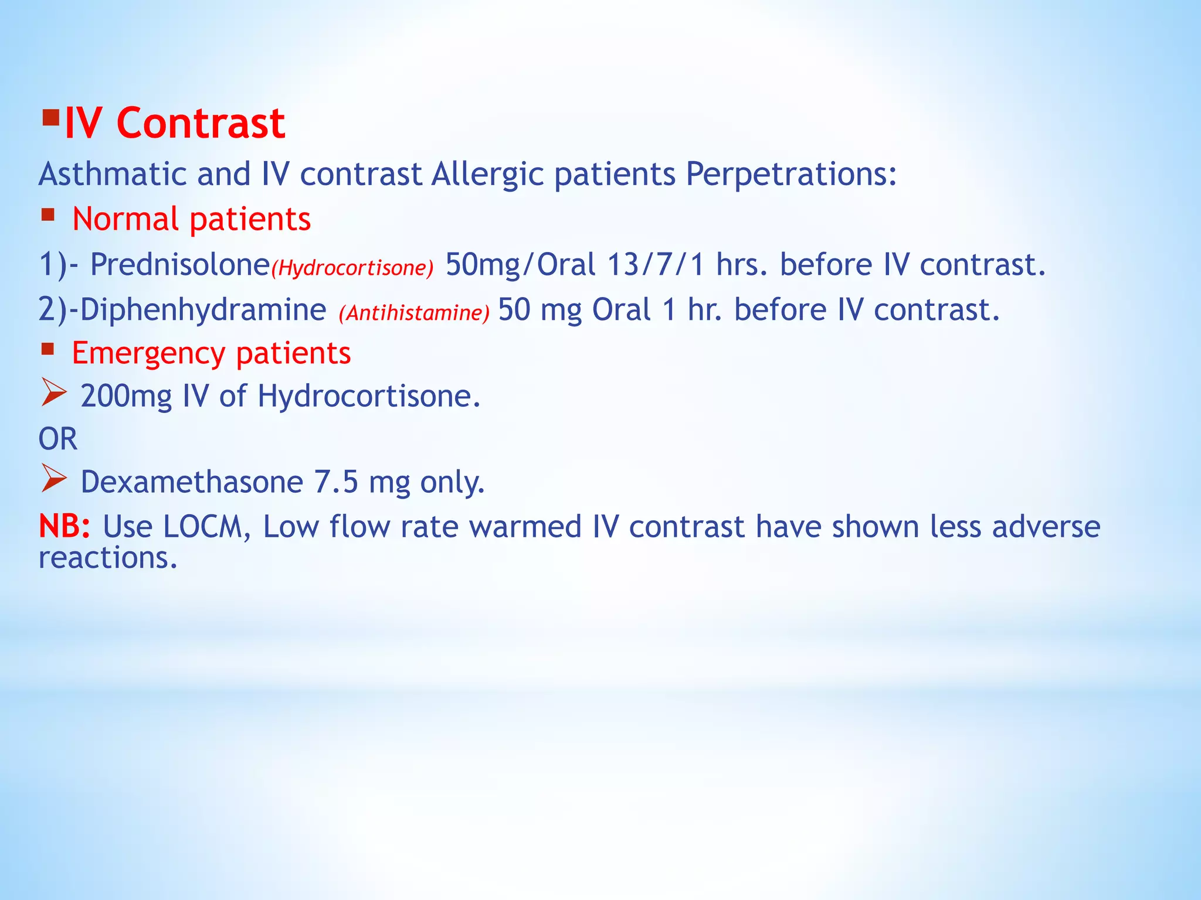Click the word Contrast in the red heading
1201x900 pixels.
[x=201, y=124]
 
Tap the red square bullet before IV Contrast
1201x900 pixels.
[x=51, y=120]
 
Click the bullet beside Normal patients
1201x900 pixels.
[x=48, y=215]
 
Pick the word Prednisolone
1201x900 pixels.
[x=179, y=264]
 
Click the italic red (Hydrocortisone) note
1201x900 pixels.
[x=352, y=268]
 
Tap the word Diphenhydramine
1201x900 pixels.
[x=202, y=309]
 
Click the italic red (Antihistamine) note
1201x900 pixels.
[x=413, y=313]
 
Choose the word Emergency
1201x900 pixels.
[x=148, y=353]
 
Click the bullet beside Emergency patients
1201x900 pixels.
[x=48, y=350]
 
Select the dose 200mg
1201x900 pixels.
[x=126, y=396]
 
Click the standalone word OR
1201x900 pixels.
[x=57, y=439]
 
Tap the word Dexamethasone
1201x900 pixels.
[x=192, y=482]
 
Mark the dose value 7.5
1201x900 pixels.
[x=335, y=482]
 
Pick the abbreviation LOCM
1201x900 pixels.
[x=202, y=526]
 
